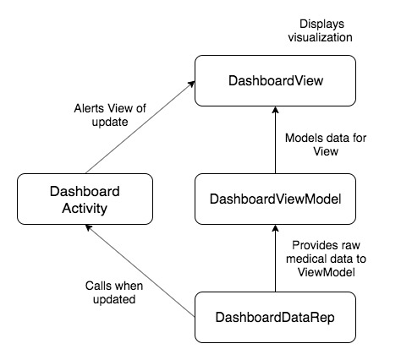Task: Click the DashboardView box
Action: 275,80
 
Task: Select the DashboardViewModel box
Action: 275,199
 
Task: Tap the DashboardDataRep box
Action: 275,317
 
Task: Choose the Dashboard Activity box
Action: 85,199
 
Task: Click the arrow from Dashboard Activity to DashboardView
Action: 140,128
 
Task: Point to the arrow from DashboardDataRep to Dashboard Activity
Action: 140,270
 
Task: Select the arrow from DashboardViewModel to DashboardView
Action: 275,140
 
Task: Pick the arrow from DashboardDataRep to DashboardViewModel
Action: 275,259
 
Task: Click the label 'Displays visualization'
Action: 321,30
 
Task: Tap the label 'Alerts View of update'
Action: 110,115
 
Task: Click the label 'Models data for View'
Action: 326,145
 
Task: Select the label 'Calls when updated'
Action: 114,292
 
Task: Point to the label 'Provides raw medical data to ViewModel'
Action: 326,259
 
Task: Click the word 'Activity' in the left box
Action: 85,209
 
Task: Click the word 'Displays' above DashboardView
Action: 321,24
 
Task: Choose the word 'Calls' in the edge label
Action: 96,286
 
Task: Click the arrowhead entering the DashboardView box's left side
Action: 192,84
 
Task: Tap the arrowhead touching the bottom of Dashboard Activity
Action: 89,227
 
